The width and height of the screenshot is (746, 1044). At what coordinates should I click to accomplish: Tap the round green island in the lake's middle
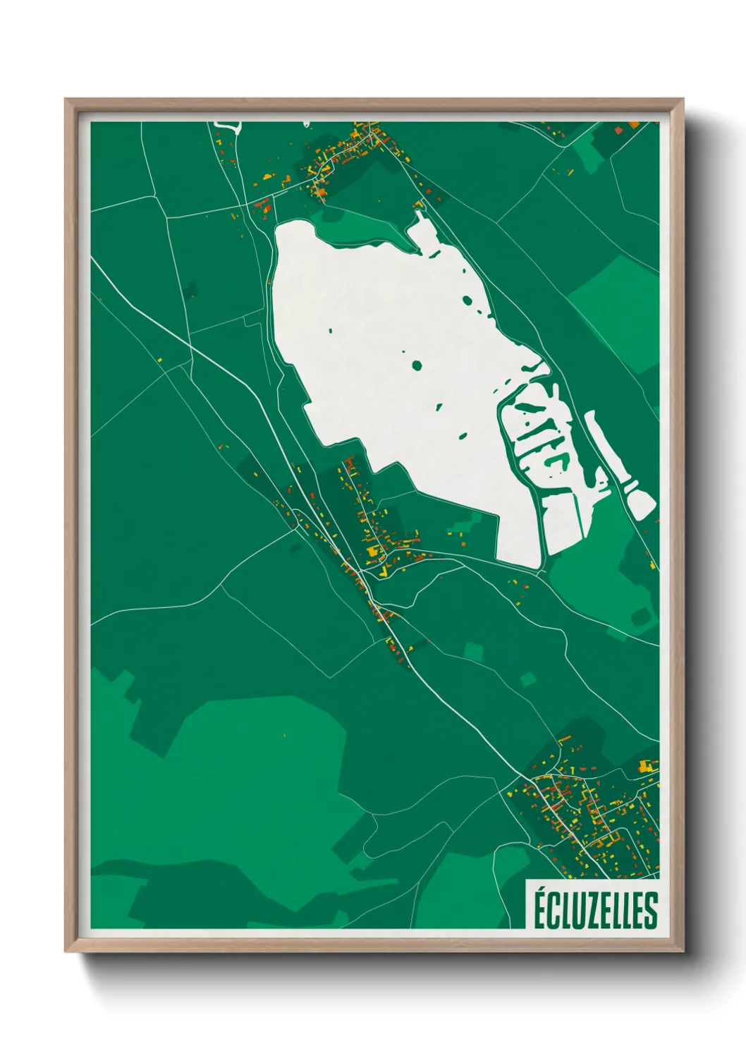[417, 365]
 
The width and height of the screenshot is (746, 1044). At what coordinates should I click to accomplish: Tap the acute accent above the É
[541, 889]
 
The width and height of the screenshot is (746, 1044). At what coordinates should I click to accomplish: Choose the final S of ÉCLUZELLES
[650, 911]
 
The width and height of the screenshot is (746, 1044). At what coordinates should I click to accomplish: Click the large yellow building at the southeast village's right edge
[644, 765]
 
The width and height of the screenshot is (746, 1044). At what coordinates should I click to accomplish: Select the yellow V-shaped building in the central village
[385, 571]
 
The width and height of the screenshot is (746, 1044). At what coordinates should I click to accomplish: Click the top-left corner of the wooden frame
[67, 101]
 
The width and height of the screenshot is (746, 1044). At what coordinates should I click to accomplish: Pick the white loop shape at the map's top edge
[228, 127]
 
